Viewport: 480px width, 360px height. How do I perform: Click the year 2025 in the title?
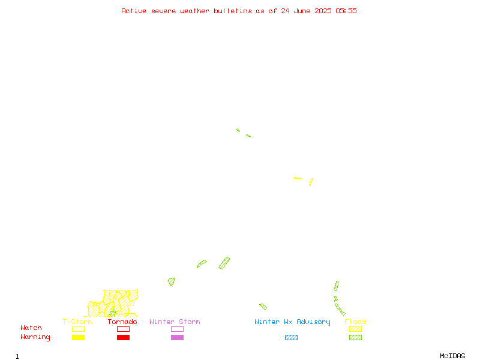pyautogui.click(x=323, y=11)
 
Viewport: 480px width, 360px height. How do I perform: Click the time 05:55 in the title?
pyautogui.click(x=346, y=11)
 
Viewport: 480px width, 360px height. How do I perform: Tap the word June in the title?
pyautogui.click(x=302, y=11)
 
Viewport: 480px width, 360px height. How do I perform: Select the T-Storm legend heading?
pyautogui.click(x=77, y=322)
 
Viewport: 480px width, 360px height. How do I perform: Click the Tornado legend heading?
pyautogui.click(x=122, y=322)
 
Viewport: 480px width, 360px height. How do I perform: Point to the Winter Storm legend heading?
pyautogui.click(x=175, y=322)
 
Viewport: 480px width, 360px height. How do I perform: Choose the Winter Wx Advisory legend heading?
pyautogui.click(x=292, y=322)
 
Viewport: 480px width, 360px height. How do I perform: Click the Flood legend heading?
pyautogui.click(x=355, y=322)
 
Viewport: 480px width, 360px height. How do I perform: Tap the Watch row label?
pyautogui.click(x=31, y=328)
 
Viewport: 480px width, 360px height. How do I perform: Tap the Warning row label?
pyautogui.click(x=35, y=337)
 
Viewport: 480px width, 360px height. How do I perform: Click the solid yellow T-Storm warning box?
pyautogui.click(x=79, y=337)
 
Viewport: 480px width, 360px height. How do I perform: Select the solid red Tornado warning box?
pyautogui.click(x=124, y=337)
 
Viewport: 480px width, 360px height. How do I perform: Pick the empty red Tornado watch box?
pyautogui.click(x=124, y=326)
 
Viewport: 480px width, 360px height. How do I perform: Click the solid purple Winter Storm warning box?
pyautogui.click(x=177, y=337)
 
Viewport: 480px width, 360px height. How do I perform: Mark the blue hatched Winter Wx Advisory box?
pyautogui.click(x=291, y=337)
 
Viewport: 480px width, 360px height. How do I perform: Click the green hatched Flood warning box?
pyautogui.click(x=355, y=337)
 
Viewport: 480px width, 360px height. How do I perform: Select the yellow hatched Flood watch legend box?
pyautogui.click(x=355, y=329)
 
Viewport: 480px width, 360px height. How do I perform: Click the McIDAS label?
pyautogui.click(x=452, y=356)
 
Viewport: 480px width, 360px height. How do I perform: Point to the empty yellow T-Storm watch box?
pyautogui.click(x=79, y=326)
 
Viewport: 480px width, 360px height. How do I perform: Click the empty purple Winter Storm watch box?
pyautogui.click(x=177, y=326)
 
